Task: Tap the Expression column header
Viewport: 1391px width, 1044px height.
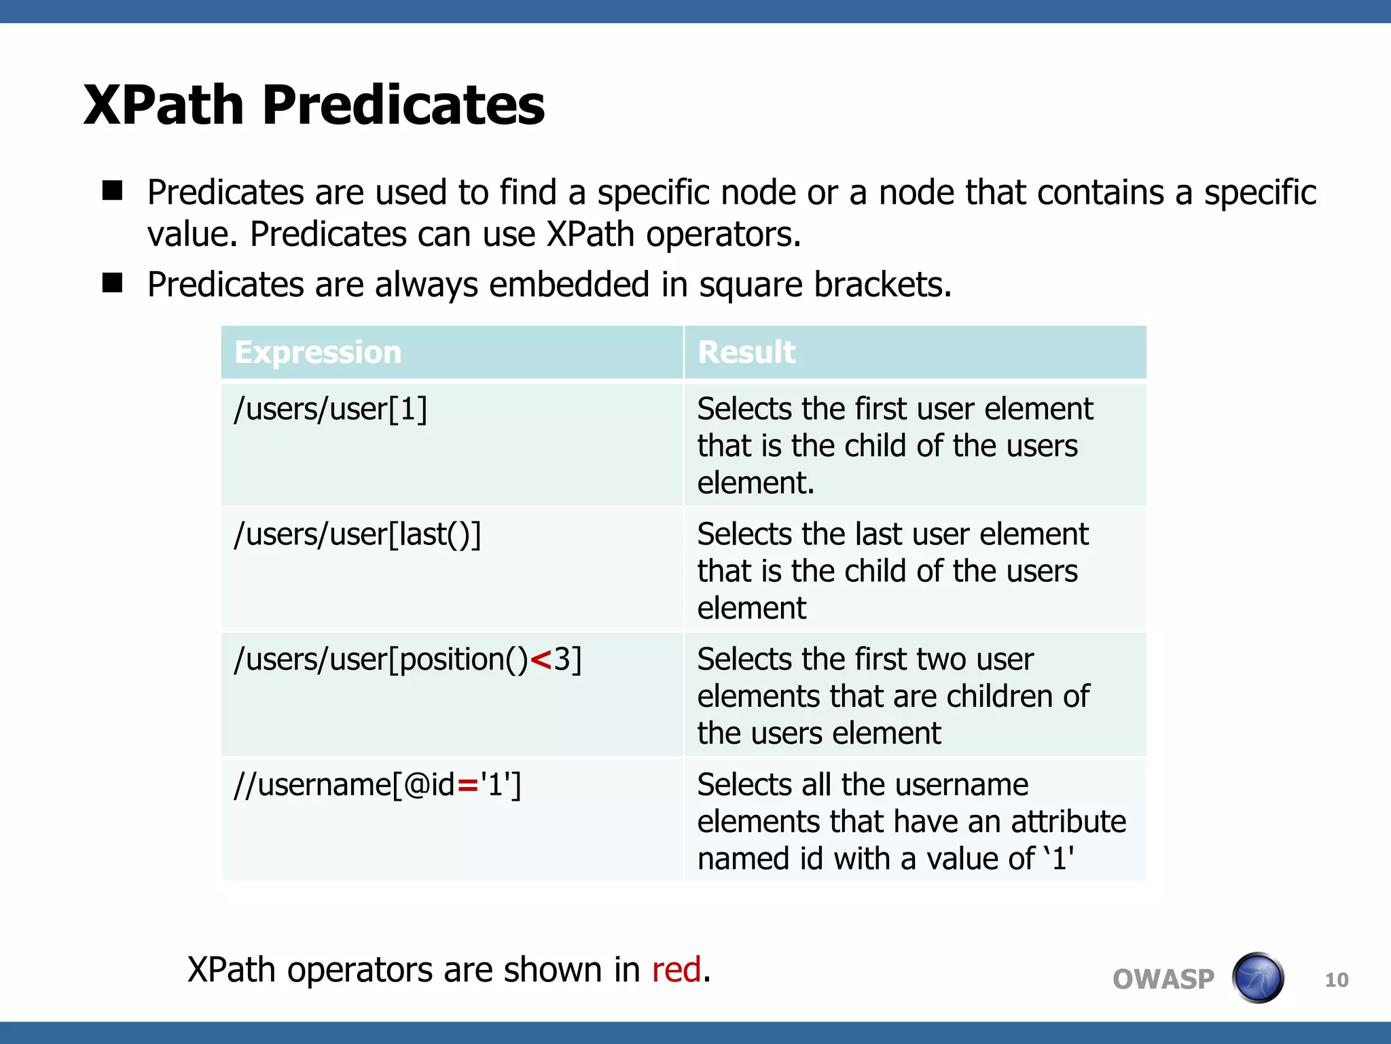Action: click(318, 352)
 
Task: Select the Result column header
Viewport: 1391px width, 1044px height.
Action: click(746, 352)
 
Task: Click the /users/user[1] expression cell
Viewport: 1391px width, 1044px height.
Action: click(331, 410)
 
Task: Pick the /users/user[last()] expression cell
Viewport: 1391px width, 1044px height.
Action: click(357, 535)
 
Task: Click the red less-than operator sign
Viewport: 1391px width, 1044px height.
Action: click(541, 661)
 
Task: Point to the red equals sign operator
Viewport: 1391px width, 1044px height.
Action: click(468, 786)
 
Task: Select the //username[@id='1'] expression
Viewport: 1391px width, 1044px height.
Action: click(378, 786)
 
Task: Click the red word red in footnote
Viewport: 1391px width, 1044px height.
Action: click(676, 970)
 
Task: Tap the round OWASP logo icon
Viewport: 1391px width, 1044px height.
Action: click(1258, 978)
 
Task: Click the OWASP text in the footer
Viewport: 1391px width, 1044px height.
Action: click(1163, 979)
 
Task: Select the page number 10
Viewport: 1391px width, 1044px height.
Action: click(1336, 980)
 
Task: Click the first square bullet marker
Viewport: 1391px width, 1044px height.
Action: click(113, 191)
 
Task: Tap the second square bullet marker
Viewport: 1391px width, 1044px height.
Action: click(113, 283)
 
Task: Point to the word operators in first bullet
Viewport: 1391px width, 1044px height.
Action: click(723, 235)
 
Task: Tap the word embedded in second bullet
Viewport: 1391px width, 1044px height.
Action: click(569, 285)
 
